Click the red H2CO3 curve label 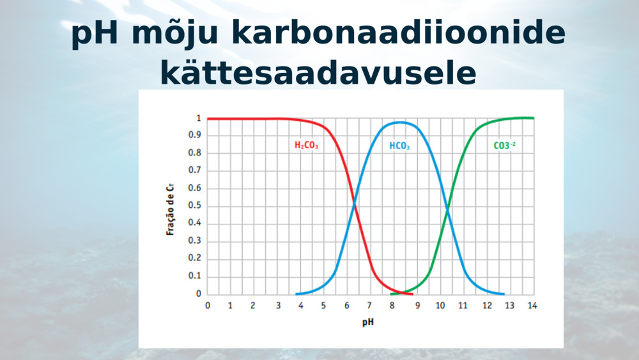coord(306,145)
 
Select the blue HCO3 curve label coord(399,146)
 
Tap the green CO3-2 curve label coord(505,145)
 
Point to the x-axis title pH coord(368,322)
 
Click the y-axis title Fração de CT coord(171,209)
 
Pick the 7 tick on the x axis coord(369,306)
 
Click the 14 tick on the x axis coord(532,306)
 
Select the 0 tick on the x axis coord(208,306)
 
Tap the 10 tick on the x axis coord(440,306)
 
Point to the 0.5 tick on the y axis coord(195,205)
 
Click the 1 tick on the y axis coord(199,118)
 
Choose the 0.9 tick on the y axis coord(195,135)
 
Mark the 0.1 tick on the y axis coord(195,276)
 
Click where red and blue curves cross coord(354,203)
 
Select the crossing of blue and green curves coord(447,210)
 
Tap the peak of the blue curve coord(399,122)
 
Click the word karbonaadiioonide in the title coord(398,33)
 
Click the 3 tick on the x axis coord(279,306)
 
